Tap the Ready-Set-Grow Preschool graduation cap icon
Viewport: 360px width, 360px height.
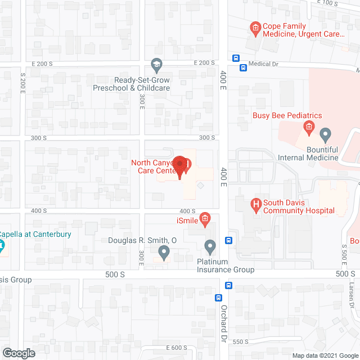157,66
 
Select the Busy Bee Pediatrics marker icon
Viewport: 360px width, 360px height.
308,128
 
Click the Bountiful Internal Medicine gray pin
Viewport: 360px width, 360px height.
325,135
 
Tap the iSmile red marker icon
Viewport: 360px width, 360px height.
205,219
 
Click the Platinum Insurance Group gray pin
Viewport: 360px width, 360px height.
210,246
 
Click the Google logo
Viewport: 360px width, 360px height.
18,353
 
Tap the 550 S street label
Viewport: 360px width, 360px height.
241,341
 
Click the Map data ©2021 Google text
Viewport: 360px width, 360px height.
325,355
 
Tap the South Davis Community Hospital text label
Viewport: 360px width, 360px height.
299,207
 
